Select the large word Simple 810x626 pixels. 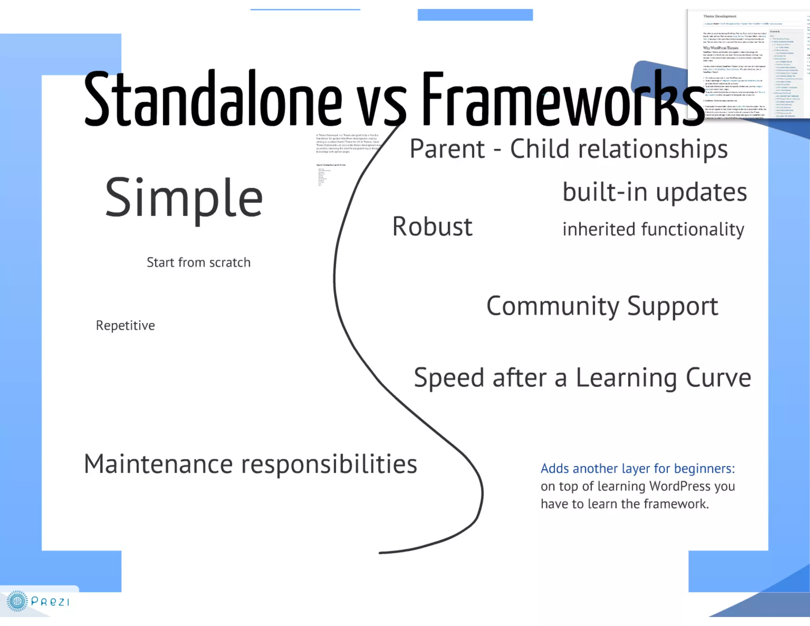(x=184, y=198)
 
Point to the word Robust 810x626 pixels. (x=432, y=227)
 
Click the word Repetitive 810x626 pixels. (x=125, y=325)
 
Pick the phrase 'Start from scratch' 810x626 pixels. (x=199, y=262)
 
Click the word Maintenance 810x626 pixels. (x=158, y=464)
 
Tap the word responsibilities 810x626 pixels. (x=329, y=465)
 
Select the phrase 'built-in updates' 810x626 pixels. (x=655, y=193)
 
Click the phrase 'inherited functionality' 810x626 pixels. (x=653, y=230)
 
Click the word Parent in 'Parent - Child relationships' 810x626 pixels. (x=447, y=149)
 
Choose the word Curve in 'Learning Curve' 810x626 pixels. (x=718, y=377)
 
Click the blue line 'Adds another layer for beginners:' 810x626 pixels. (x=638, y=469)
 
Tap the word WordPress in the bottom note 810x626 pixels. (x=679, y=486)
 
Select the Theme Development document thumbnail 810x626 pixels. (x=748, y=63)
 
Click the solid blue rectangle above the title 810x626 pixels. (x=475, y=15)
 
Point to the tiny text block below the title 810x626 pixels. (x=347, y=144)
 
